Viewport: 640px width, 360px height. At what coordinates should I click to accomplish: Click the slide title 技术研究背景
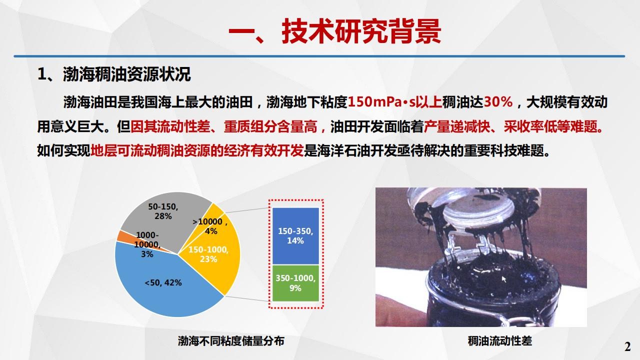[x=361, y=31]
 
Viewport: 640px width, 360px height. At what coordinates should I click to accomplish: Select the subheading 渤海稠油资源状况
[x=127, y=74]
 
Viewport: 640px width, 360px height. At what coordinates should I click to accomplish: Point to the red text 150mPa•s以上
[x=395, y=102]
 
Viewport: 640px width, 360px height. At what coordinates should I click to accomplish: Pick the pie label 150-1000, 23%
[x=208, y=254]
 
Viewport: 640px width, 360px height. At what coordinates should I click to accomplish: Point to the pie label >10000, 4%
[x=210, y=226]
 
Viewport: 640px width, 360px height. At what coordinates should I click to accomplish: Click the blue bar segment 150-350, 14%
[x=295, y=236]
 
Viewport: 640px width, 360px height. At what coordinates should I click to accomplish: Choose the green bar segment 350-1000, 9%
[x=295, y=283]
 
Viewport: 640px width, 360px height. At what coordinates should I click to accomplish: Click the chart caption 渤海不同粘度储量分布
[x=231, y=341]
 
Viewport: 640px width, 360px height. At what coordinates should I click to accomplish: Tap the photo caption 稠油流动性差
[x=499, y=341]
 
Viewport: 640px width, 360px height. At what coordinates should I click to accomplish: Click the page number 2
[x=627, y=347]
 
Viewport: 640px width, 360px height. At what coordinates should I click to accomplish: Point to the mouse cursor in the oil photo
[x=504, y=279]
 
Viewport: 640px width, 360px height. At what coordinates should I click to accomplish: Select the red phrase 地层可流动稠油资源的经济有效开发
[x=197, y=150]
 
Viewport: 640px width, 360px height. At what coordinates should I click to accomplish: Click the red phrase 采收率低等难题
[x=553, y=126]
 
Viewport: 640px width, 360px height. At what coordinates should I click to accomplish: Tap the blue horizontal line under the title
[x=319, y=56]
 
